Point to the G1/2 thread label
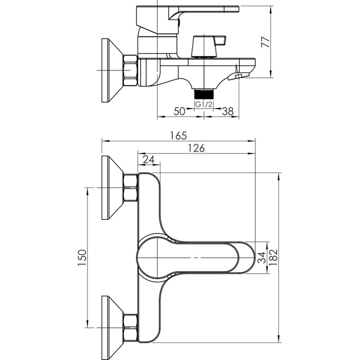tap(204, 105)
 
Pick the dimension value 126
tap(196, 149)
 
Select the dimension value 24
tap(149, 159)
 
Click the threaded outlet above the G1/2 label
tap(204, 94)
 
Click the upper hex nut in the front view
tap(130, 188)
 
